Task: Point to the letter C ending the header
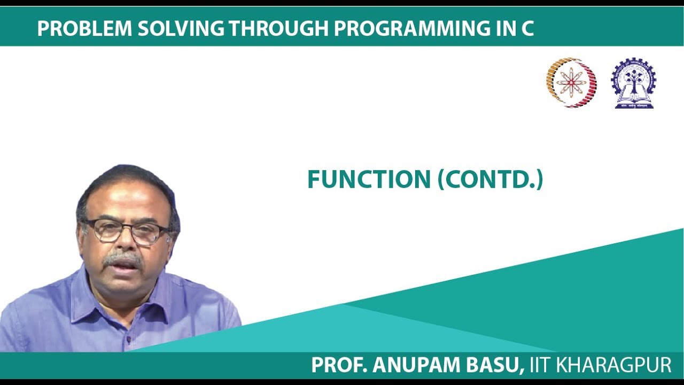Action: [x=527, y=29]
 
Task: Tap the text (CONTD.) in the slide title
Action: [x=490, y=180]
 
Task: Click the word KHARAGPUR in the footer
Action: [x=614, y=365]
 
